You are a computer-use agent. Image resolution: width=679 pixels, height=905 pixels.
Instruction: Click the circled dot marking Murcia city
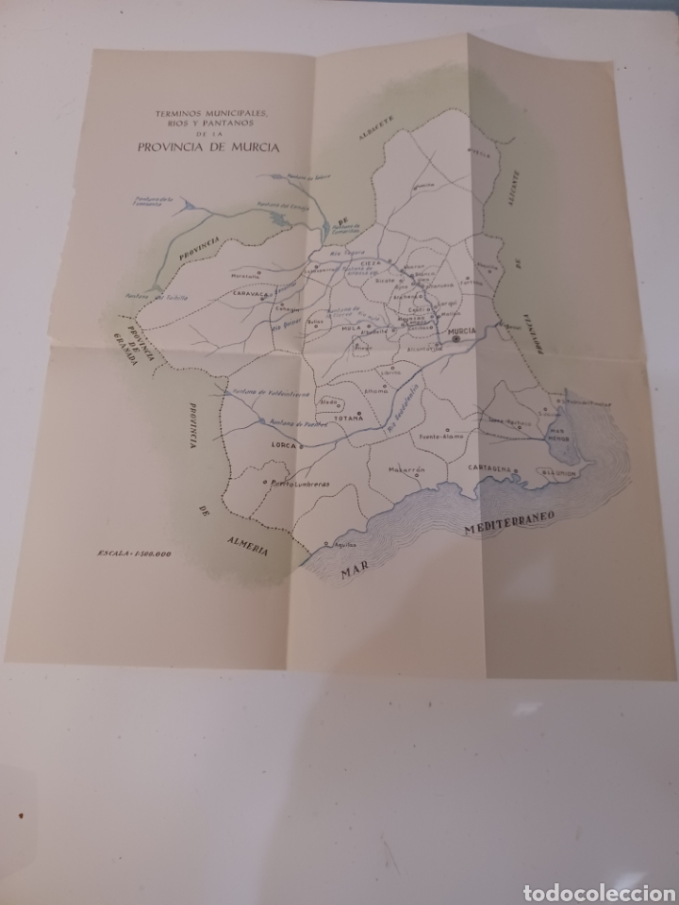coord(457,340)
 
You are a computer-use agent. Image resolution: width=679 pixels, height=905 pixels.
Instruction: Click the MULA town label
coord(352,328)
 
